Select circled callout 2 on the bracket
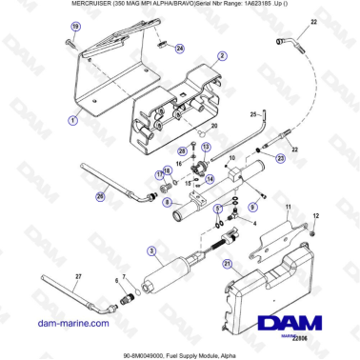tap(221, 56)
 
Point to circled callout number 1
tap(73, 121)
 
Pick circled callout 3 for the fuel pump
tap(150, 251)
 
